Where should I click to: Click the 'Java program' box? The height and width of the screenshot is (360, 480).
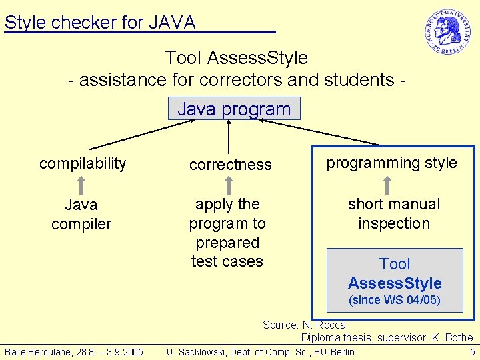click(x=234, y=109)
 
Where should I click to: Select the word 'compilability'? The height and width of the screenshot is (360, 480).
click(x=83, y=163)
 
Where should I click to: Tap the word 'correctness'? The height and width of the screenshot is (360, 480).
click(x=230, y=165)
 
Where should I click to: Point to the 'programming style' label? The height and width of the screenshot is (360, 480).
click(x=391, y=163)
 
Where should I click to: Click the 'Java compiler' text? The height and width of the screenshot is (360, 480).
click(x=81, y=214)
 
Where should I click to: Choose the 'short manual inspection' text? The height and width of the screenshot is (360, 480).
click(x=394, y=213)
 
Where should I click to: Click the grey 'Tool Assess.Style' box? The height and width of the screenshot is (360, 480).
click(x=394, y=273)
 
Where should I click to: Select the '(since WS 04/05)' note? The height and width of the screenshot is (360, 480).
click(x=395, y=300)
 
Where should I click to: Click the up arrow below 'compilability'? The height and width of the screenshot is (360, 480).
click(x=81, y=184)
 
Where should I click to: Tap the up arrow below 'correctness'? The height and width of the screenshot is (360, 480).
click(x=228, y=184)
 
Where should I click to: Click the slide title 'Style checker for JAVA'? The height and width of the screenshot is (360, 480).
click(x=100, y=23)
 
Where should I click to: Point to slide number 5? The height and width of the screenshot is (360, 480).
click(x=472, y=351)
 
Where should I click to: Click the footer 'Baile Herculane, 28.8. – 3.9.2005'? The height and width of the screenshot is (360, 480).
click(x=74, y=351)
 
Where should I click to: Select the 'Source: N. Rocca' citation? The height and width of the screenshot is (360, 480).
click(x=304, y=325)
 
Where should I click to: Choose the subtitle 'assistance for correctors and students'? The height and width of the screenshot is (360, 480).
click(x=237, y=80)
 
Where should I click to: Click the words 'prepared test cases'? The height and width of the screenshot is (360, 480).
click(x=227, y=252)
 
